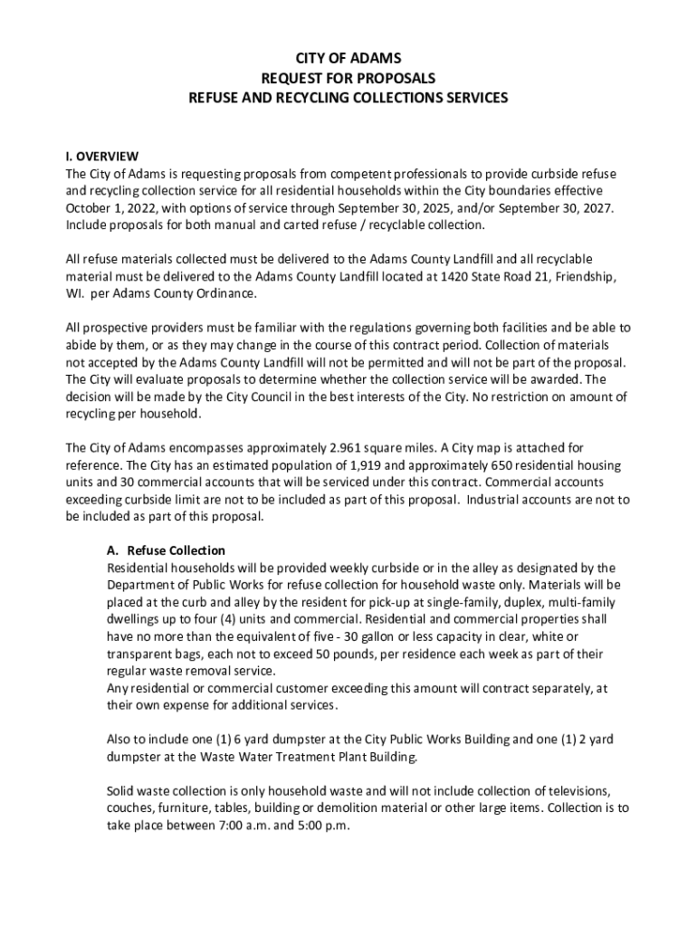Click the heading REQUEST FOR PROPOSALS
(348, 78)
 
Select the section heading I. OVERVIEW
(101, 156)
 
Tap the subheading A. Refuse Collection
(166, 550)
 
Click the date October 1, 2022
(107, 207)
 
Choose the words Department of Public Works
(182, 585)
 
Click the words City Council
(251, 397)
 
